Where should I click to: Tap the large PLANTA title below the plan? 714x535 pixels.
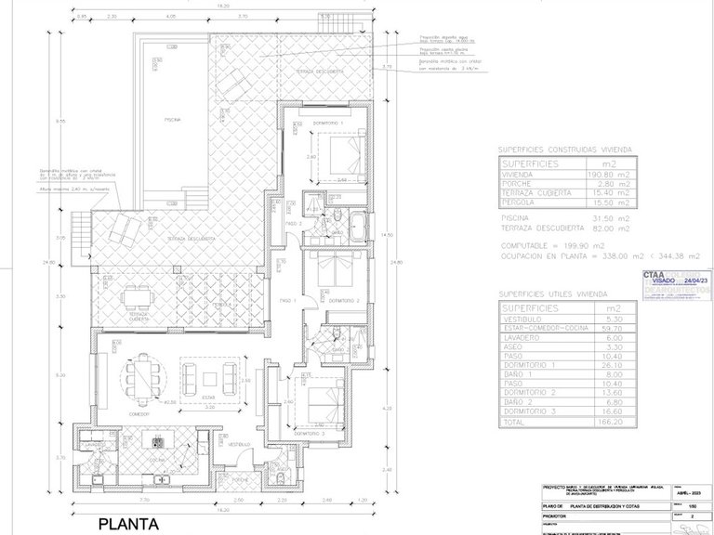point(129,523)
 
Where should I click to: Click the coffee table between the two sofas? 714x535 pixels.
point(210,376)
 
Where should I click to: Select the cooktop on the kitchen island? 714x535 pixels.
point(156,440)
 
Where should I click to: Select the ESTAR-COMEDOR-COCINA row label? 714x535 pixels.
point(539,328)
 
